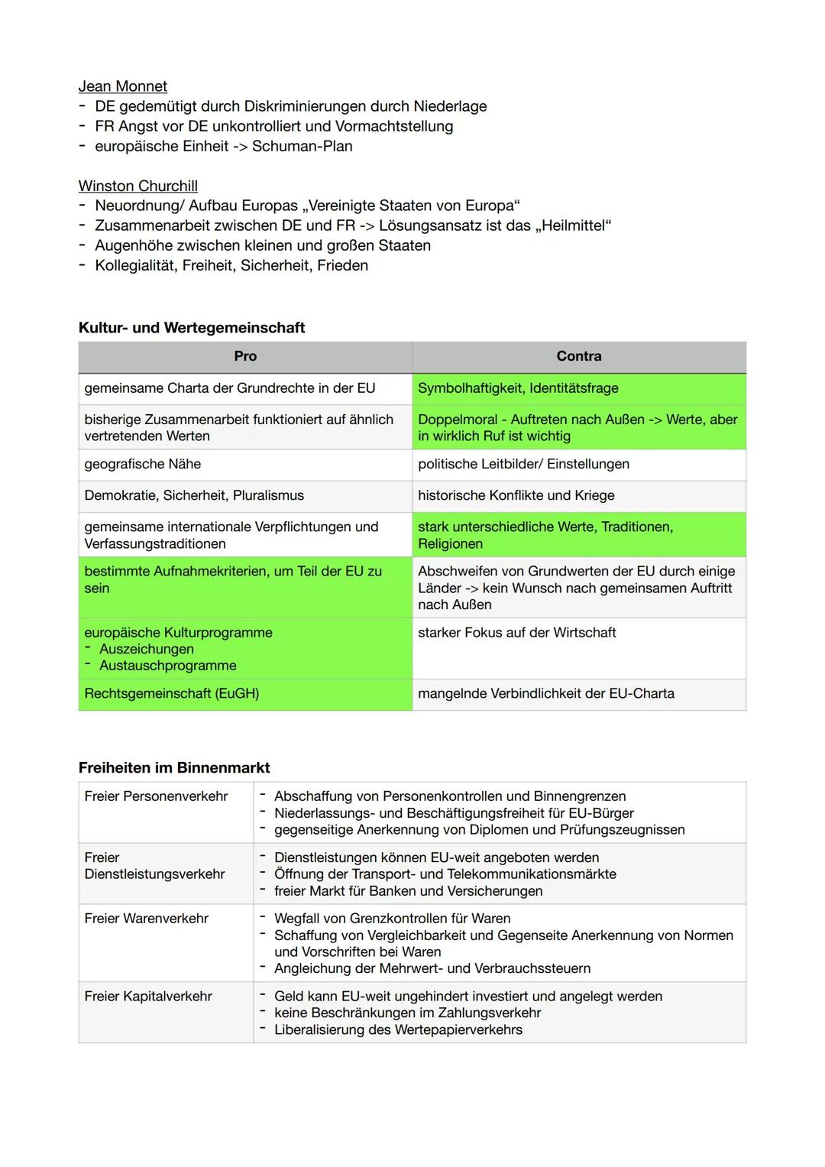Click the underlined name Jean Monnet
coord(122,86)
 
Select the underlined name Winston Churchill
coord(137,186)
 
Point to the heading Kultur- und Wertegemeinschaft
coord(191,328)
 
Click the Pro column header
coord(245,356)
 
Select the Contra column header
coord(578,356)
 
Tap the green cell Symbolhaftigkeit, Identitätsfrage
coord(518,388)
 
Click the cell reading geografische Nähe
coord(142,464)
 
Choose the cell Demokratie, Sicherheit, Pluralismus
coord(194,495)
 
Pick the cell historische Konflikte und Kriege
coord(516,495)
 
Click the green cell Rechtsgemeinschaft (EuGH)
coord(171,693)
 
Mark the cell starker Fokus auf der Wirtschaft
coord(516,632)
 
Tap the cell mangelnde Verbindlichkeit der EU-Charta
coord(545,693)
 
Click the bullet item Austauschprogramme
coord(167,666)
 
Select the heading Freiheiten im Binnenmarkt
coord(174,768)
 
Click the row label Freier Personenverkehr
coord(156,796)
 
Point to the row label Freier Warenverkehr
coord(146,919)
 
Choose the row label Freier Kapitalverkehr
coord(148,997)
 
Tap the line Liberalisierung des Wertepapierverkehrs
coord(398,1029)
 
